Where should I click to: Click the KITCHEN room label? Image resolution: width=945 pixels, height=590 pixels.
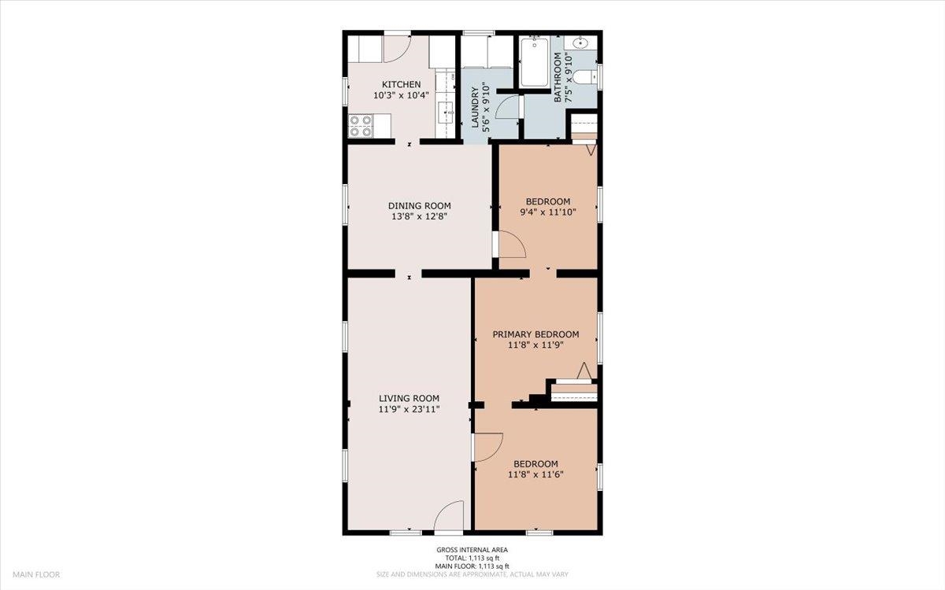click(401, 85)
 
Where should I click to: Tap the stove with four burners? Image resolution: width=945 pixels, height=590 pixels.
click(361, 126)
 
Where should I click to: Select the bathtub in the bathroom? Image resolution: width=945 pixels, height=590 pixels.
click(535, 62)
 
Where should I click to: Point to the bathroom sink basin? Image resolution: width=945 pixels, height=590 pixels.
click(581, 42)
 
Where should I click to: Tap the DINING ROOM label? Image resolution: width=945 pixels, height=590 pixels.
click(419, 206)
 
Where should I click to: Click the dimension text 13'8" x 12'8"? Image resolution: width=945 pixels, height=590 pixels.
click(419, 216)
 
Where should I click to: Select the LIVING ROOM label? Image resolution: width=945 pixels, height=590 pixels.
click(409, 398)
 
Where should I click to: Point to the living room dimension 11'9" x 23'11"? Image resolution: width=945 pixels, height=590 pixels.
click(409, 409)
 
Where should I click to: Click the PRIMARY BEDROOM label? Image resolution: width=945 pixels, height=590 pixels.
click(535, 334)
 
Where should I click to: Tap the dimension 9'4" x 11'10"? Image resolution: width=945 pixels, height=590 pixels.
click(548, 212)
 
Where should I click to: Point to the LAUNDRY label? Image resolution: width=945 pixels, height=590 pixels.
click(475, 107)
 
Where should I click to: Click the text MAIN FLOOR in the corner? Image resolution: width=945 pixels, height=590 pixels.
click(36, 574)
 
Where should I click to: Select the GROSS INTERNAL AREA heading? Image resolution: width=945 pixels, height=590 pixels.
click(472, 550)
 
